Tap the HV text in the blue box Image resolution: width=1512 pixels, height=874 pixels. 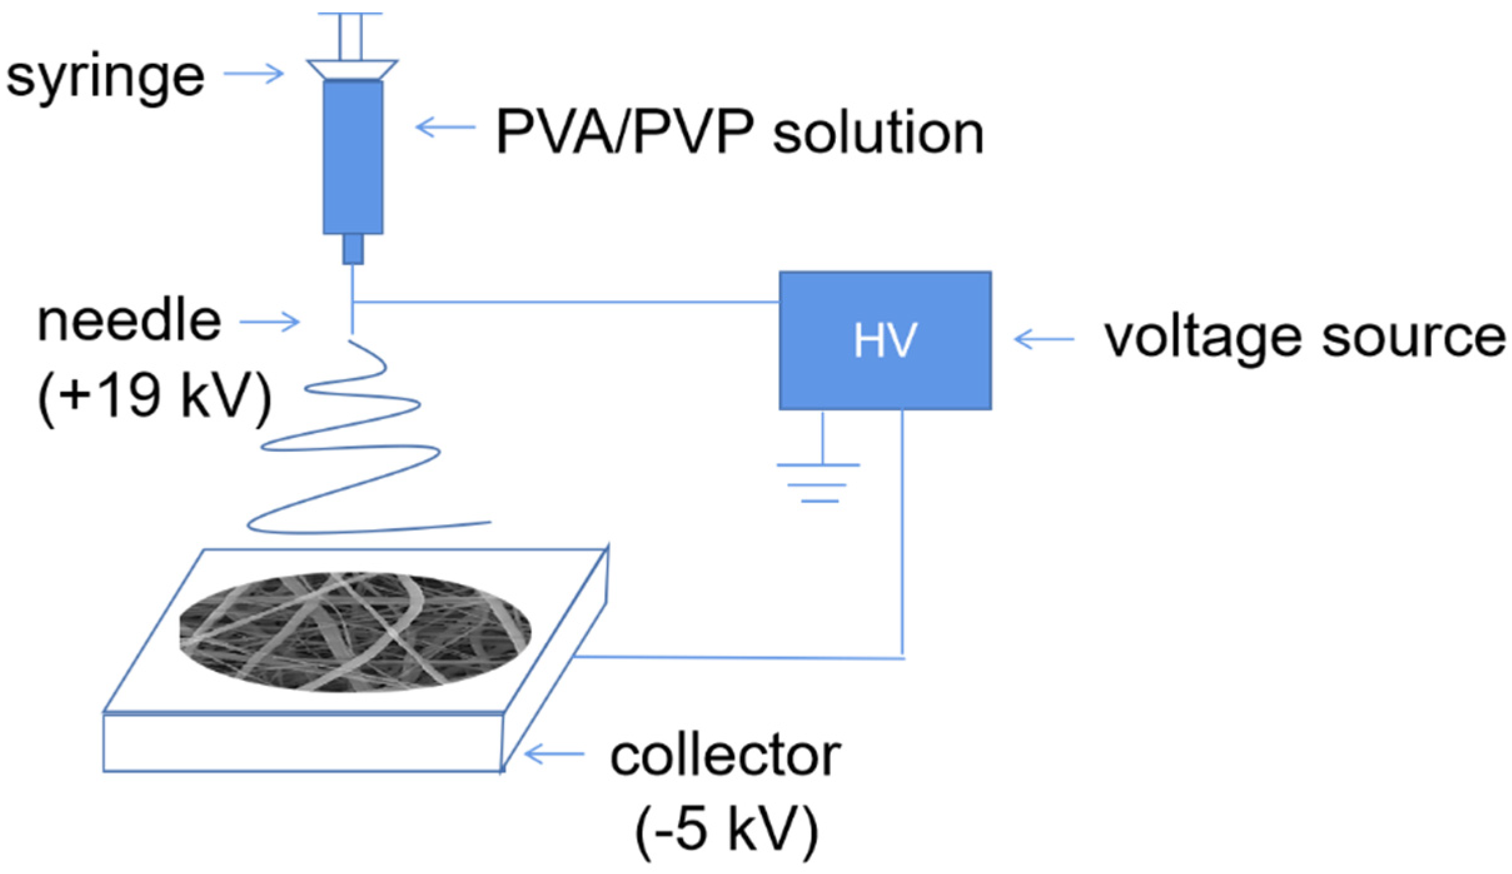click(x=885, y=341)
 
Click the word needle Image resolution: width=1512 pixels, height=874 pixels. click(x=129, y=323)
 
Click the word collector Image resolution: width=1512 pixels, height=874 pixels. click(x=725, y=758)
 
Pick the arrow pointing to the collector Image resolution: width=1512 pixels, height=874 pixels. click(x=554, y=755)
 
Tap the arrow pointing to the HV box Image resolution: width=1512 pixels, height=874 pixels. click(x=1043, y=340)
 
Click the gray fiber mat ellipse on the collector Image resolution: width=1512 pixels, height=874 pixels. click(x=355, y=632)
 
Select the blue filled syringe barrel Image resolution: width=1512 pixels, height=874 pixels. click(x=353, y=156)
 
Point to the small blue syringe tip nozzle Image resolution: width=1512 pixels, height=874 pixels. click(x=353, y=249)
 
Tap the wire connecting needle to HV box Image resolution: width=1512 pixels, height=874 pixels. click(x=563, y=303)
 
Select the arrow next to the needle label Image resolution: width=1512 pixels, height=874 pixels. click(x=270, y=323)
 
